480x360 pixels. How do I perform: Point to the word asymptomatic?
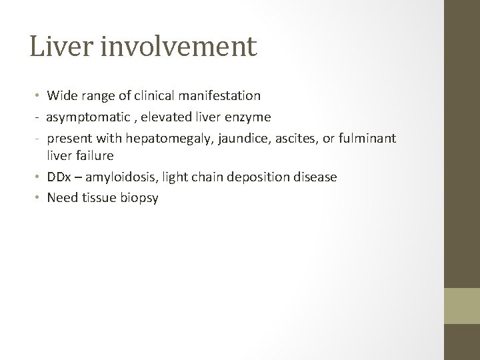click(x=81, y=117)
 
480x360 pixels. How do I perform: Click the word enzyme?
click(x=249, y=117)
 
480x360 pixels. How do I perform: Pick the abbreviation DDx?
click(x=57, y=177)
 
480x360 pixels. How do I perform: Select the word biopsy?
click(x=139, y=198)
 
